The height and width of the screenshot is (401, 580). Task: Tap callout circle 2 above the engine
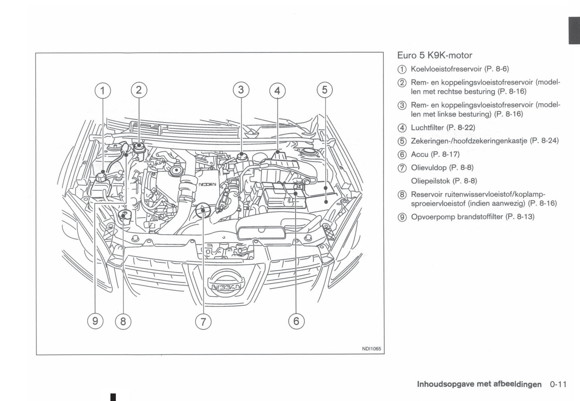(139, 90)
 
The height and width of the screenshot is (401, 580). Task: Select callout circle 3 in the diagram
(241, 90)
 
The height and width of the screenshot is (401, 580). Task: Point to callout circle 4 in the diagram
(277, 91)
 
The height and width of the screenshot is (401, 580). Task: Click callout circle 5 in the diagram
(325, 90)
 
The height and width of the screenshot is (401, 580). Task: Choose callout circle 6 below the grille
(296, 321)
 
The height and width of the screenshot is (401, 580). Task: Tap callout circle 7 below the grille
(203, 321)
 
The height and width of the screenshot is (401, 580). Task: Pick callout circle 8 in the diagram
(123, 321)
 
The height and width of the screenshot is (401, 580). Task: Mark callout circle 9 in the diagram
(95, 321)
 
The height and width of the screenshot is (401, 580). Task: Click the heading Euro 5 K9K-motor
(435, 55)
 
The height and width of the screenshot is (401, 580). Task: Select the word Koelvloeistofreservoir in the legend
(446, 69)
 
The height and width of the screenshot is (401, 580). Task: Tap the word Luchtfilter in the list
(427, 128)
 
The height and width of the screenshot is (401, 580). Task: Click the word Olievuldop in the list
(428, 168)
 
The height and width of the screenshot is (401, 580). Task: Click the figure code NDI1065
(371, 349)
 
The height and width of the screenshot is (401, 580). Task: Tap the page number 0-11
(558, 384)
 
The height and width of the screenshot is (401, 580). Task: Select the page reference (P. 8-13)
(520, 217)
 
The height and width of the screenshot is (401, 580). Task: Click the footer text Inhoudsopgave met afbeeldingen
(479, 384)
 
